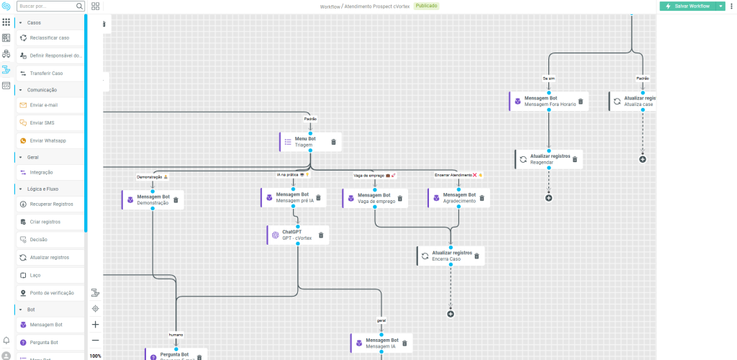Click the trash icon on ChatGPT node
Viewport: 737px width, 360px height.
tap(321, 235)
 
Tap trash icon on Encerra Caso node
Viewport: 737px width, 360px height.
tap(476, 256)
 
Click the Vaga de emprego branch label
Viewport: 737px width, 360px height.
tap(375, 175)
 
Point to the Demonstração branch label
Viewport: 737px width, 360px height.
tap(152, 176)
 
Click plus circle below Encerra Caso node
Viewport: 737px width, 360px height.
tap(451, 313)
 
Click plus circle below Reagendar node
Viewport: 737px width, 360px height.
tap(548, 197)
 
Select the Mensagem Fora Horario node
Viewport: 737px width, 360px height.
tap(546, 102)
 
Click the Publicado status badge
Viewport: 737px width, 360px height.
tap(426, 6)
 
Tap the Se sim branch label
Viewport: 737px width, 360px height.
tap(548, 78)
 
